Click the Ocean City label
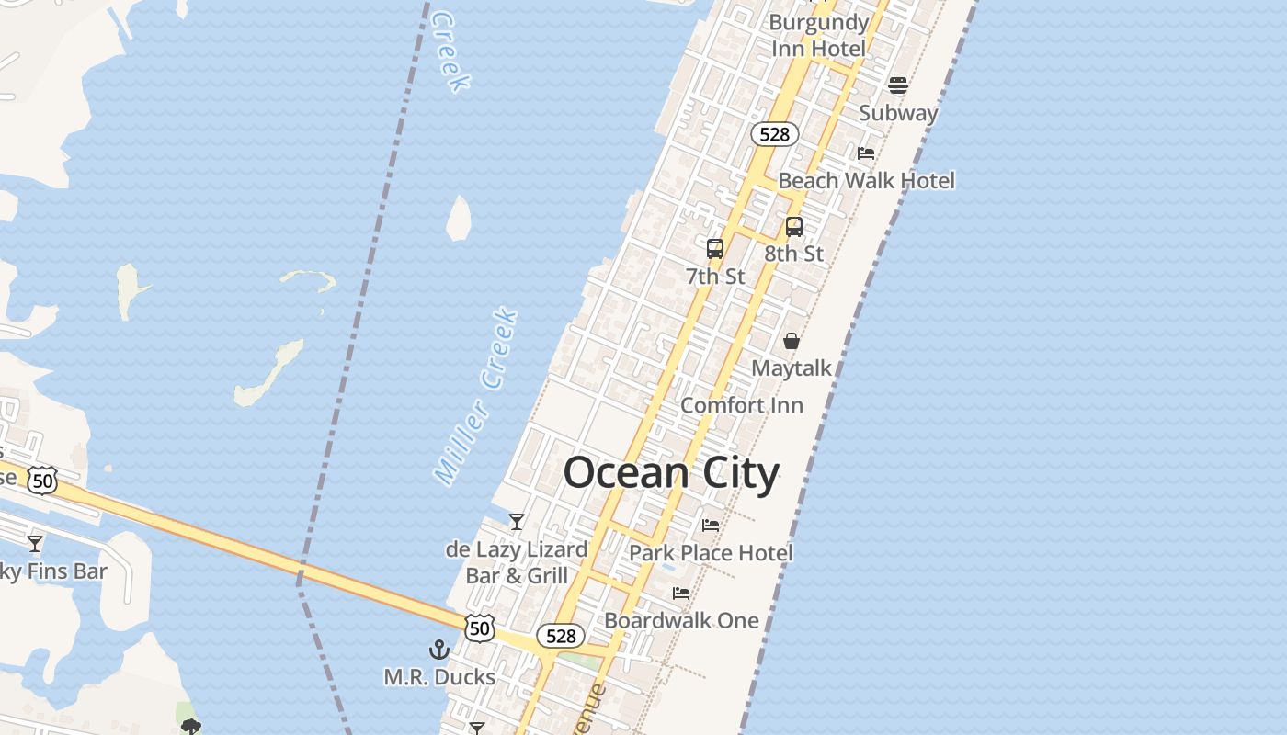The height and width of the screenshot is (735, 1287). point(671,473)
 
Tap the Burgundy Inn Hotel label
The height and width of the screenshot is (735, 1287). point(818,35)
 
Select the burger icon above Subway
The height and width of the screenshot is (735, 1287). point(898,85)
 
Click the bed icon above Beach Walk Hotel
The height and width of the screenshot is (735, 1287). point(866,153)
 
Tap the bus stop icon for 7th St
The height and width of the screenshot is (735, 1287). point(714,248)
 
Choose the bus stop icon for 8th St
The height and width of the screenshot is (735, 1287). point(794,226)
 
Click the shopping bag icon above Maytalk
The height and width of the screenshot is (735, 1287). point(791,341)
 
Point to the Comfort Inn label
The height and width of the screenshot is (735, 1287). point(741,405)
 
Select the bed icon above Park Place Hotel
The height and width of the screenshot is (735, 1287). point(711,526)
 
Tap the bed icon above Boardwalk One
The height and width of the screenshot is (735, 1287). point(681,594)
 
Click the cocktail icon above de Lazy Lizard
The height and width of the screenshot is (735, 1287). point(517,522)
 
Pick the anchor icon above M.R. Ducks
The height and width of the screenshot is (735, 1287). point(439,650)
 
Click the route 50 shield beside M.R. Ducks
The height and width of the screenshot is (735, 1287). point(479,628)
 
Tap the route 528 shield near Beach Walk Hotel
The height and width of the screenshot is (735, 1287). point(775,134)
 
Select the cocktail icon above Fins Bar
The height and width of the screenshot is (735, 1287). point(35,543)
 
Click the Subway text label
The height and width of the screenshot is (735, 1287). point(898,113)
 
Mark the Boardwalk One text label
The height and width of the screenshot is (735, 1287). point(681,620)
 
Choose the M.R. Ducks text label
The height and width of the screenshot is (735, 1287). point(439,677)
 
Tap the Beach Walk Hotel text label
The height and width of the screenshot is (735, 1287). point(866,180)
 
